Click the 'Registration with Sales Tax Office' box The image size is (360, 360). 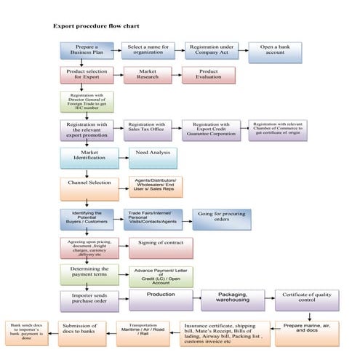tap(150, 129)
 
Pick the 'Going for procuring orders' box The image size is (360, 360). tap(220, 218)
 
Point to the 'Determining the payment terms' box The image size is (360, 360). tap(89, 273)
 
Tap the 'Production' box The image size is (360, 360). tap(160, 299)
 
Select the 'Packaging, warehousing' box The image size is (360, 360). tap(229, 299)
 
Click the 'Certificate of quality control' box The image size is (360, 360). tap(306, 299)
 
